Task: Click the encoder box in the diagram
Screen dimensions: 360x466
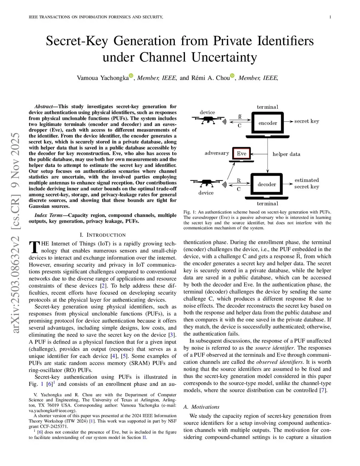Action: click(268, 123)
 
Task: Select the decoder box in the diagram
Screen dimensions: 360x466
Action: click(266, 184)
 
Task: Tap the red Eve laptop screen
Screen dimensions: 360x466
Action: click(242, 153)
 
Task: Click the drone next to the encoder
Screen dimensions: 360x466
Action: click(208, 120)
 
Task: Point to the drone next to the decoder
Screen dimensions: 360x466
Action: click(207, 183)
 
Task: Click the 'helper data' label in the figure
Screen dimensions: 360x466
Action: click(286, 154)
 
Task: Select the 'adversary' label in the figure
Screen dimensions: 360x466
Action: click(217, 153)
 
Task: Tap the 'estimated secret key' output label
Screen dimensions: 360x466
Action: click(307, 183)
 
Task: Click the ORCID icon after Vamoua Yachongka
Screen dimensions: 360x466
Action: click(131, 76)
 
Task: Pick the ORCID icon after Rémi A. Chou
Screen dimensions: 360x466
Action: click(232, 76)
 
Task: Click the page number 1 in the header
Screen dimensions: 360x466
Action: click(330, 17)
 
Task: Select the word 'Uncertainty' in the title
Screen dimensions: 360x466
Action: click(224, 57)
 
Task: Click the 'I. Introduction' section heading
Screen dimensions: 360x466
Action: click(103, 235)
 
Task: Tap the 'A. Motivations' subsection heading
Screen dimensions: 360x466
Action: click(201, 407)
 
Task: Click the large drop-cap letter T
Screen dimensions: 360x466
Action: click(34, 247)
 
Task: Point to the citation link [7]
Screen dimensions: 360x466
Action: click(322, 390)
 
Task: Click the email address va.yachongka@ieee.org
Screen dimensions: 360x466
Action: click(52, 411)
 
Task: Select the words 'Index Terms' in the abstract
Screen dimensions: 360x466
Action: click(49, 215)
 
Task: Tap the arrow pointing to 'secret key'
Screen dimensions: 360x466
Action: click(289, 121)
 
